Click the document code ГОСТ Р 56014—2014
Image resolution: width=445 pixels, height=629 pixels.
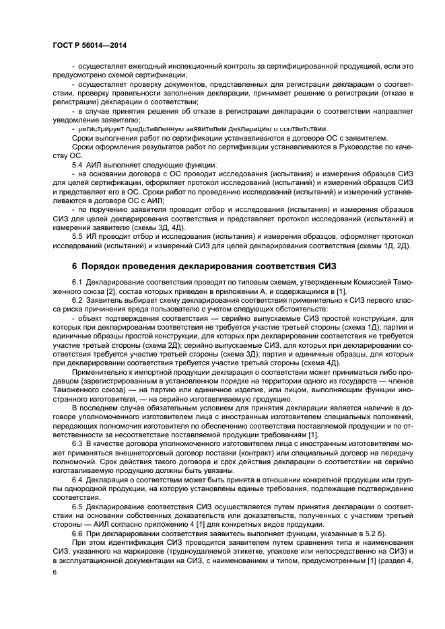pos(89,45)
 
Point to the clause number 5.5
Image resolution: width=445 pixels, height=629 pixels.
pos(78,237)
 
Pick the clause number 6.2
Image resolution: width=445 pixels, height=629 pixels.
pos(78,300)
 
